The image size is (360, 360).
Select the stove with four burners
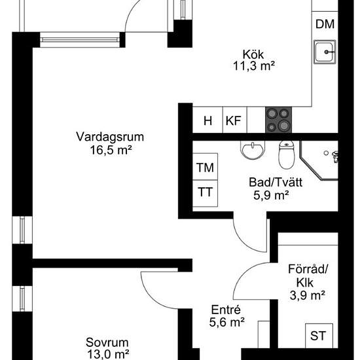278,120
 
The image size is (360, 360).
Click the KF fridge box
232,120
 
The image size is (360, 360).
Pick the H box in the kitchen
208,120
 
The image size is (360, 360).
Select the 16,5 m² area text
109,149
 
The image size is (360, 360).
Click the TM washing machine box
206,168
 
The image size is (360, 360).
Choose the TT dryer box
206,192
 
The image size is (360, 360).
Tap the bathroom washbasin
251,152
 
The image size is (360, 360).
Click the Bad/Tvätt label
270,183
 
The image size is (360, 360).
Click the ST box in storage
318,336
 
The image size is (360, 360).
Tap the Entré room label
227,310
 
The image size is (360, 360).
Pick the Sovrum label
107,342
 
